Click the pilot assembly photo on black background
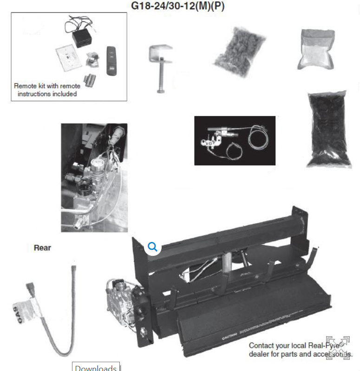(235, 140)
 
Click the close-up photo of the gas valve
(94, 177)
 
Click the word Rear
(42, 248)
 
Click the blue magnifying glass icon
(152, 247)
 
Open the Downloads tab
(96, 367)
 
